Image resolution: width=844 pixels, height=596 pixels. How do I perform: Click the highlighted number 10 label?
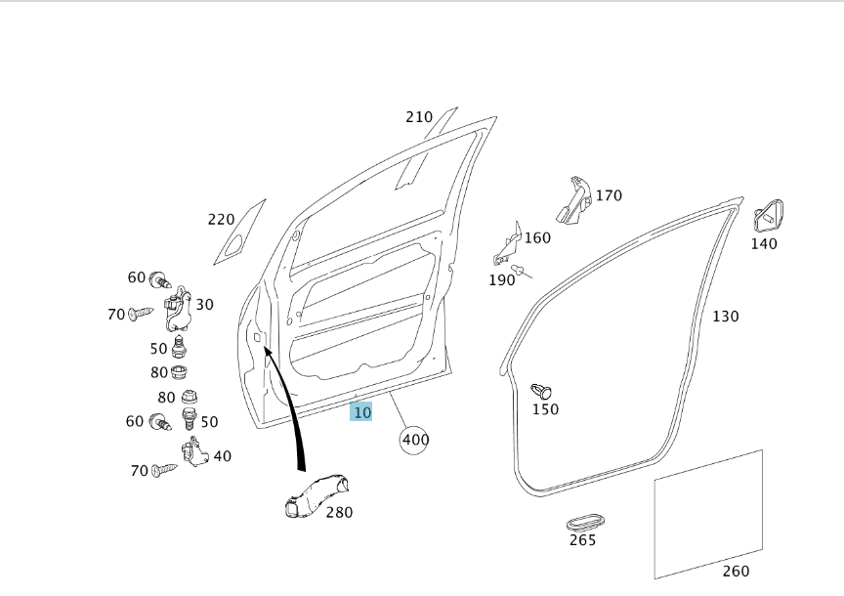(361, 412)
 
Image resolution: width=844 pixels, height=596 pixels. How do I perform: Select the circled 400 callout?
(414, 440)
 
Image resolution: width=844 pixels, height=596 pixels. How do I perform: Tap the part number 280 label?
(339, 512)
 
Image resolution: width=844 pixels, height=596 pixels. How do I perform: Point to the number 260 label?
(736, 571)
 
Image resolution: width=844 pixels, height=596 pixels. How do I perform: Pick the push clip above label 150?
(541, 391)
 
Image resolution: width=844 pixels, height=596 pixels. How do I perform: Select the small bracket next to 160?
(508, 244)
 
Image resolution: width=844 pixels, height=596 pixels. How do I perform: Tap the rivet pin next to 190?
(521, 271)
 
